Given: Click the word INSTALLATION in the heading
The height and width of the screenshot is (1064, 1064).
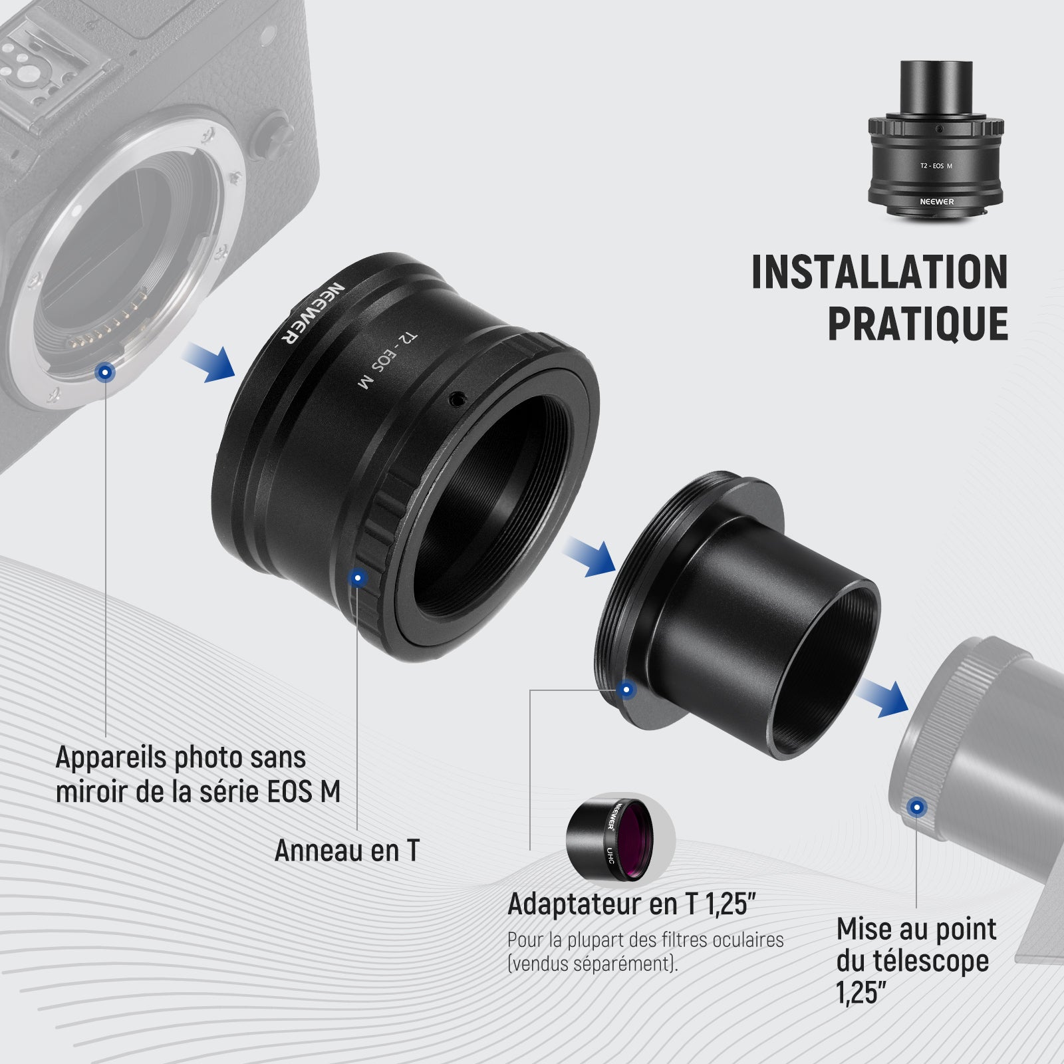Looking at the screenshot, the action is pyautogui.click(x=879, y=271).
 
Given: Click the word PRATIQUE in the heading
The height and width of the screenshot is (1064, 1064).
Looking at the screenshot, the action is pyautogui.click(x=918, y=323).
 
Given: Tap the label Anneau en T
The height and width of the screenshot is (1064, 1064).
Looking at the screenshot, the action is pyautogui.click(x=347, y=850).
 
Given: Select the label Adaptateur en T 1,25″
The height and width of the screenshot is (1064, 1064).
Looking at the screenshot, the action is pyautogui.click(x=632, y=904).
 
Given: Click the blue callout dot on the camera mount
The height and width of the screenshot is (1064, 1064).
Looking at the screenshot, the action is pyautogui.click(x=104, y=373).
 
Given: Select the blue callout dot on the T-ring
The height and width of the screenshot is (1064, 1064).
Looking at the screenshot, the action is pyautogui.click(x=358, y=578).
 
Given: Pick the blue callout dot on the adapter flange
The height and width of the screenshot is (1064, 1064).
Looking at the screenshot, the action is pyautogui.click(x=626, y=690).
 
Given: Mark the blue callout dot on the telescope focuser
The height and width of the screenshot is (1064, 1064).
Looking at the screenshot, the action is pyautogui.click(x=917, y=808).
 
